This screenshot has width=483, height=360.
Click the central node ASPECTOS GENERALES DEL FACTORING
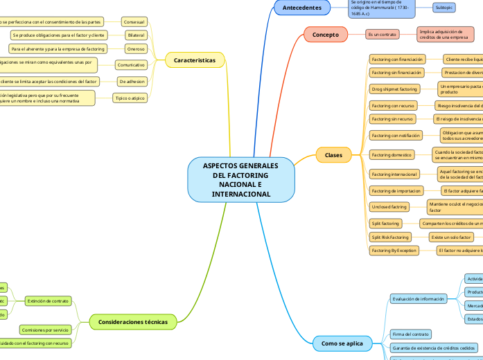pyautogui.click(x=241, y=180)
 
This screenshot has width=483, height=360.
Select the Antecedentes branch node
pyautogui.click(x=302, y=8)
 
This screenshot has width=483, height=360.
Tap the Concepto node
pyautogui.click(x=325, y=34)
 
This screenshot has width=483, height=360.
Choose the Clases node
pyautogui.click(x=333, y=155)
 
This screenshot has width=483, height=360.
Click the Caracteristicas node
pyautogui.click(x=195, y=60)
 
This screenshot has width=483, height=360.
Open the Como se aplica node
pyautogui.click(x=342, y=343)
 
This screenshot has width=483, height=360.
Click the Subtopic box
pyautogui.click(x=444, y=8)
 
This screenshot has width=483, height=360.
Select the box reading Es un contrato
pyautogui.click(x=383, y=34)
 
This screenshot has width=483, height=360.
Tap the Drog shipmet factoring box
pyautogui.click(x=394, y=89)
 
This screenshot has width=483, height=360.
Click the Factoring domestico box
pyautogui.click(x=392, y=154)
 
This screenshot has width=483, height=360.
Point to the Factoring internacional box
pyautogui.click(x=394, y=174)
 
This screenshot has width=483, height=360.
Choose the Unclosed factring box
pyautogui.click(x=389, y=206)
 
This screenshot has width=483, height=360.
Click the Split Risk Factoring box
pyautogui.click(x=390, y=237)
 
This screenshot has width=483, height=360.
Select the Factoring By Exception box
pyautogui.click(x=394, y=251)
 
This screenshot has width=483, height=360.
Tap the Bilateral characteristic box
pyautogui.click(x=136, y=35)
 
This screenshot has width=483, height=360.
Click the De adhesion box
pyautogui.click(x=131, y=81)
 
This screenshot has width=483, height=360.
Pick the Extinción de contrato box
pyautogui.click(x=48, y=301)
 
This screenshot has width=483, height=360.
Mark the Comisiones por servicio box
pyautogui.click(x=44, y=330)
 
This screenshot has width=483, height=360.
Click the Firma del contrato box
pyautogui.click(x=410, y=334)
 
